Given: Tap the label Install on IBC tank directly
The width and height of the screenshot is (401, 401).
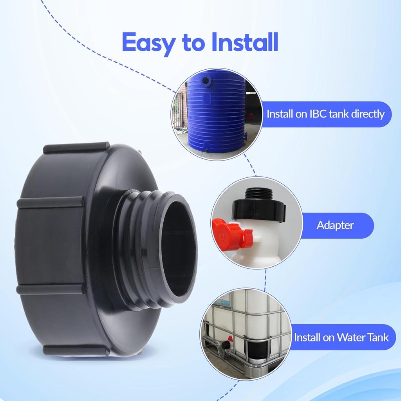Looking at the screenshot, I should coord(325,114).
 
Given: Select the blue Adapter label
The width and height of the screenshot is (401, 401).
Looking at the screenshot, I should coord(335,225).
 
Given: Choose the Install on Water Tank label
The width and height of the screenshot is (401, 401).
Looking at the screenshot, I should coord(341,337).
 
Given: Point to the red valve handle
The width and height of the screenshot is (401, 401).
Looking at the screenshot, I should coord(229,233).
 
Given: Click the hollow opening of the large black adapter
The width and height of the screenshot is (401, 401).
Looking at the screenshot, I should coord(178,251).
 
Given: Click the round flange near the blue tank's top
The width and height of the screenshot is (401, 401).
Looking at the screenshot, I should coord(204,81).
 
